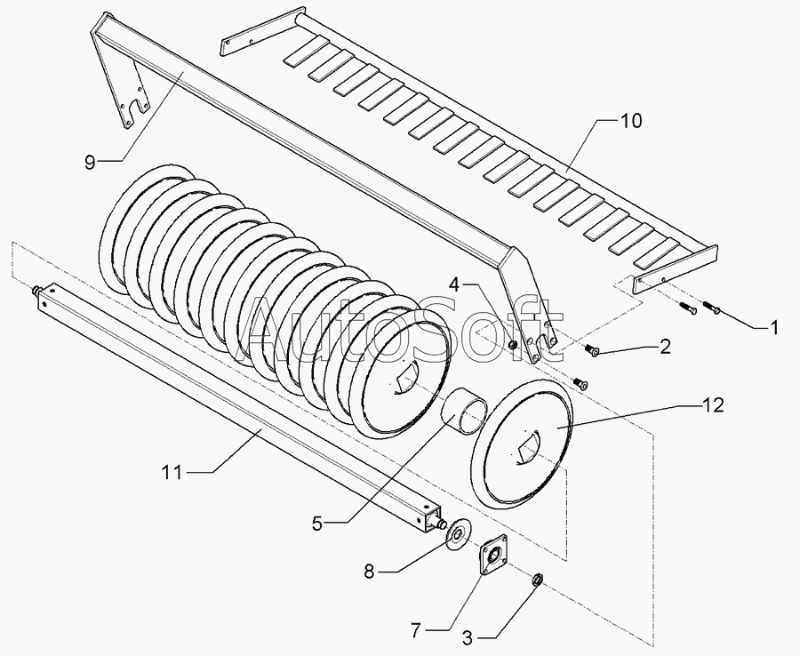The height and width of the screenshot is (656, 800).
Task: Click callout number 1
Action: pos(773,328)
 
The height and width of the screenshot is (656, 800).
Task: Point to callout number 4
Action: pos(454,285)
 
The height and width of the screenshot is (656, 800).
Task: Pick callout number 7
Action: pos(415,630)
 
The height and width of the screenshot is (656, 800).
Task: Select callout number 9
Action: pos(90,161)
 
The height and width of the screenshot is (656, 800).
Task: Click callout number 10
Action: pos(630,121)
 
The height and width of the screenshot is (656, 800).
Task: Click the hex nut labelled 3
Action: pos(537,580)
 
